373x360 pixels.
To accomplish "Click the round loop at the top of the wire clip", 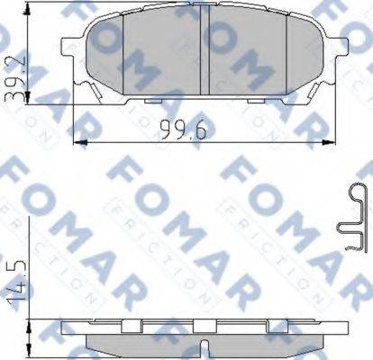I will [354, 190].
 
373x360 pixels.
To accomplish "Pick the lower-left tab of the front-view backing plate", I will [91, 90].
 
